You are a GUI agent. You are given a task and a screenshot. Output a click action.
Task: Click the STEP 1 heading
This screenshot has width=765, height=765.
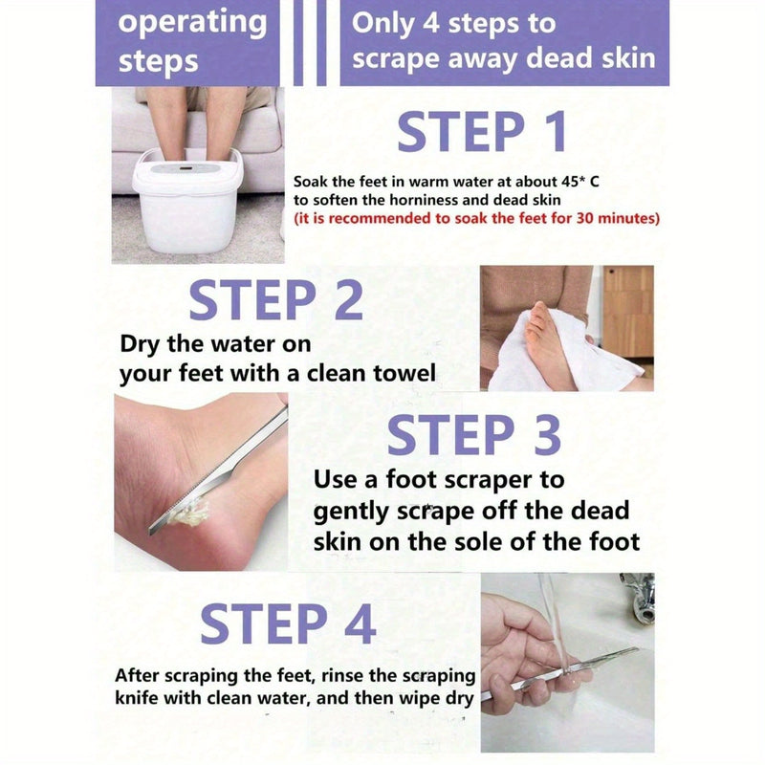click(x=482, y=131)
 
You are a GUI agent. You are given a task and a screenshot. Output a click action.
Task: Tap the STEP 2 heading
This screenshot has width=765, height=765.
click(x=275, y=299)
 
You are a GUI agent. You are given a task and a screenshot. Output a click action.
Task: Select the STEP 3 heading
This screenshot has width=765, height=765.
click(x=473, y=435)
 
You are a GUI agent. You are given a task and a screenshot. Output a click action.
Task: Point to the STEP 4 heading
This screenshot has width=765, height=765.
click(x=288, y=623)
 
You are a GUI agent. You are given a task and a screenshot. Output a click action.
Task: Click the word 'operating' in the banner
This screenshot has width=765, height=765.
click(x=193, y=23)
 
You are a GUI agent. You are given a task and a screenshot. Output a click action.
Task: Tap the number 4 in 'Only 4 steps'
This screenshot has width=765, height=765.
click(x=431, y=23)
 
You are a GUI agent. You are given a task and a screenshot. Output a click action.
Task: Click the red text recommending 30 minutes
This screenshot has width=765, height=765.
click(x=476, y=218)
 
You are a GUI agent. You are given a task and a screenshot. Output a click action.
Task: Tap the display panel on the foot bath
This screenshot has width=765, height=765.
click(x=186, y=169)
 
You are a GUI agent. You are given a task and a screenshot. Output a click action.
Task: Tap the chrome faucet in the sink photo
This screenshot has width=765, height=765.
click(x=639, y=598)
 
